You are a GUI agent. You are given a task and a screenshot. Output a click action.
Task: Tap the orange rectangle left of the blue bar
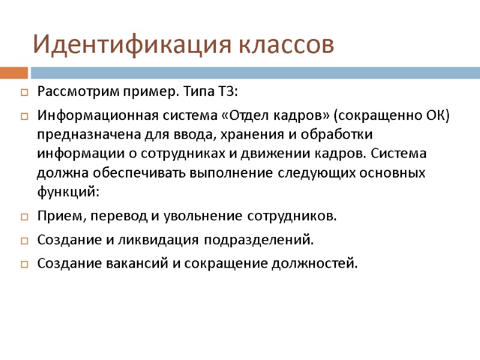point(14,73)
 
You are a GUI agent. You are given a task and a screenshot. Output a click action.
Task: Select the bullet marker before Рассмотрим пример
point(24,93)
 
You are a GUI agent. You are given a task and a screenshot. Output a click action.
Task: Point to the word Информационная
point(86,115)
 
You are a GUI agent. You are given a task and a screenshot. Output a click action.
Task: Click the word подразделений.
point(259,240)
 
